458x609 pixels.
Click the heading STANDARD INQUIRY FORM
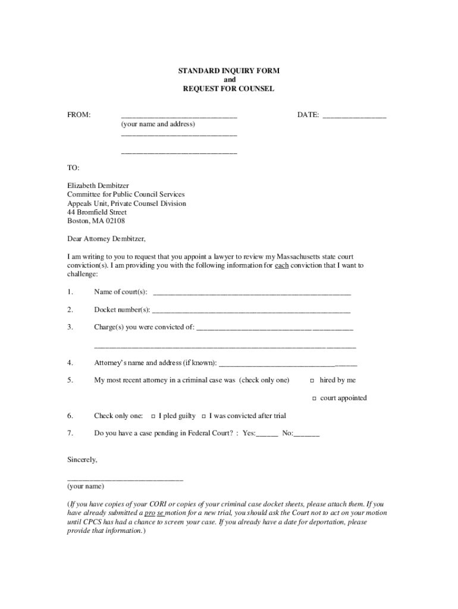pyautogui.click(x=229, y=71)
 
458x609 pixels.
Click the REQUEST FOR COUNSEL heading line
pyautogui.click(x=229, y=89)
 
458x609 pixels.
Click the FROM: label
pyautogui.click(x=79, y=115)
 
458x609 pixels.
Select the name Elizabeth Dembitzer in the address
pyautogui.click(x=98, y=186)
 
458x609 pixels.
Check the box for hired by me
pyautogui.click(x=313, y=381)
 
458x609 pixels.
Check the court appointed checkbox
pyautogui.click(x=313, y=398)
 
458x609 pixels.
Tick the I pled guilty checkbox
pyautogui.click(x=153, y=416)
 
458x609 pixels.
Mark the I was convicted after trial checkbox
pyautogui.click(x=203, y=416)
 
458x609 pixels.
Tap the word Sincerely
pyautogui.click(x=81, y=460)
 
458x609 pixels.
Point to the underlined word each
pyautogui.click(x=281, y=265)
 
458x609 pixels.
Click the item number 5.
pyautogui.click(x=70, y=380)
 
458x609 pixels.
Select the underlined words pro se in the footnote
pyautogui.click(x=153, y=513)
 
